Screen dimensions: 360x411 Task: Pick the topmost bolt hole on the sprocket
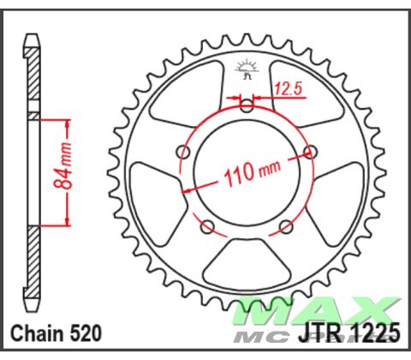[247, 107]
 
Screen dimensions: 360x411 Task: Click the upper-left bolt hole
[182, 153]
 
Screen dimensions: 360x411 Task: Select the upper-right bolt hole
[311, 153]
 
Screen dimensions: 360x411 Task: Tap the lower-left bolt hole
[206, 228]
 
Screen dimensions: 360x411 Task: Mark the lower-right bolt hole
[287, 228]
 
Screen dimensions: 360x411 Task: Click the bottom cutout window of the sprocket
[247, 261]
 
